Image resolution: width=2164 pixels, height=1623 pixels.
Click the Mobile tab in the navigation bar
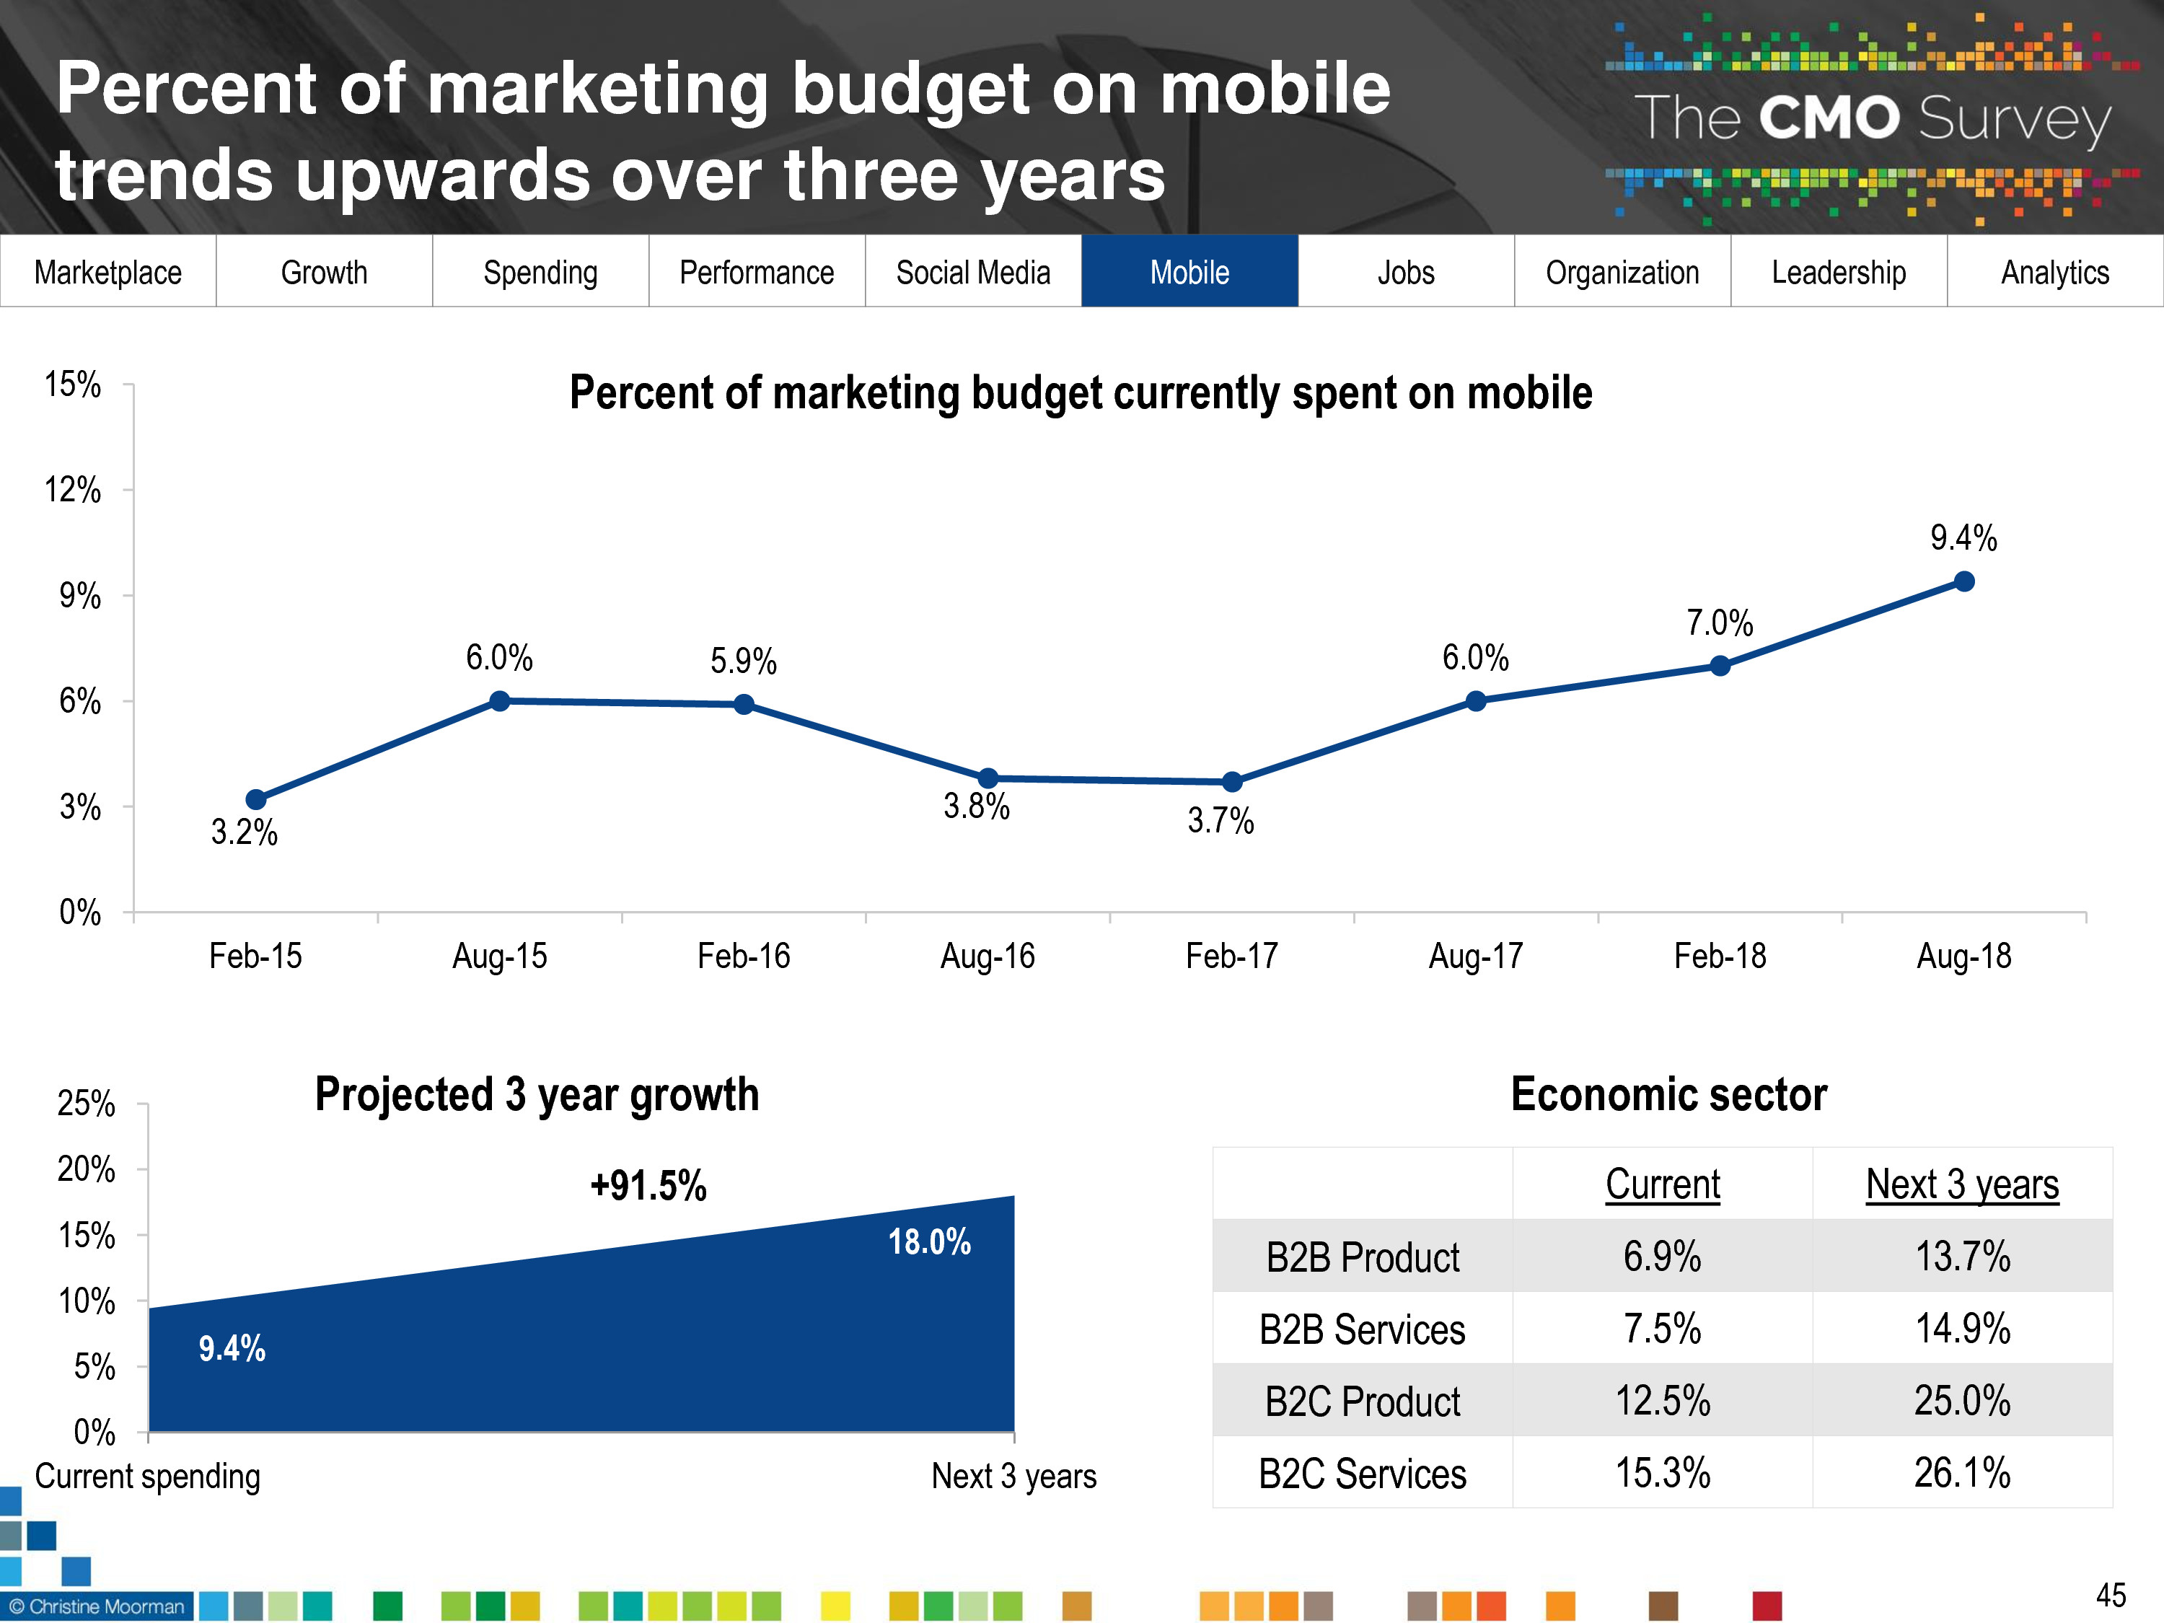click(x=1189, y=272)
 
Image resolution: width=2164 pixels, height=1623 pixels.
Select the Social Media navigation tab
click(x=972, y=272)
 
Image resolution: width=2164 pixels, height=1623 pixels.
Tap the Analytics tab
click(x=2054, y=272)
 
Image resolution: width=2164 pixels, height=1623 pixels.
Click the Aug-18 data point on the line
click(x=1963, y=582)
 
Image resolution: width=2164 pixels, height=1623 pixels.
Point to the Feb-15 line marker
click(x=255, y=799)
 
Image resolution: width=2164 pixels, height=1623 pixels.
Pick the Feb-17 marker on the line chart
click(x=1232, y=782)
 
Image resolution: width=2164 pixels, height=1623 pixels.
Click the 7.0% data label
click(x=1719, y=623)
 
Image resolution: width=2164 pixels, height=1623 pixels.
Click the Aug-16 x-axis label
click(x=987, y=956)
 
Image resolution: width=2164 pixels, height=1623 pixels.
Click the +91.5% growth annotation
click(x=648, y=1186)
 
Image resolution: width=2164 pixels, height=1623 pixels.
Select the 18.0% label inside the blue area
click(x=928, y=1242)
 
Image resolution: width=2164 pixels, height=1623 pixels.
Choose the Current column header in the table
click(x=1662, y=1184)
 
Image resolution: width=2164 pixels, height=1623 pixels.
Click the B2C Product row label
click(x=1362, y=1402)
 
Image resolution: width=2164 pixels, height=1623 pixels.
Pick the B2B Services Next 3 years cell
click(x=1961, y=1329)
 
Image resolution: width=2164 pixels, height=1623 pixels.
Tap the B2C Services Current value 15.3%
click(x=1662, y=1473)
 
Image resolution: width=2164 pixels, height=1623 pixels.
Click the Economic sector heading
click(x=1668, y=1095)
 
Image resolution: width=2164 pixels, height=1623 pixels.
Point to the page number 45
click(x=2110, y=1596)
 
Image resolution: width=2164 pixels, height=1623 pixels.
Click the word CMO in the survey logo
click(x=1829, y=118)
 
